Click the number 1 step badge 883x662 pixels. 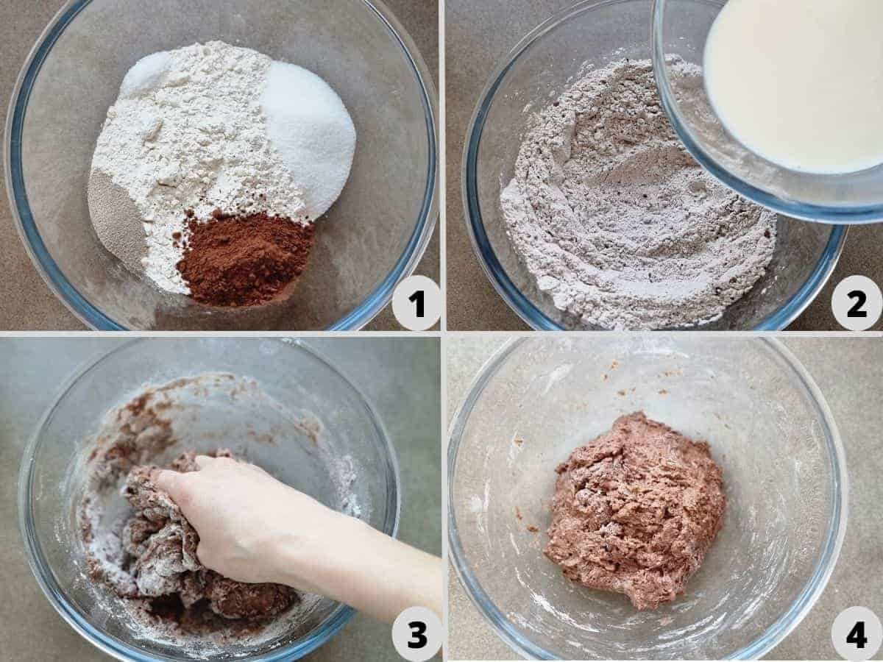(417, 302)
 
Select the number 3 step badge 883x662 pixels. (417, 635)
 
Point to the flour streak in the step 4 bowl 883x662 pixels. (559, 378)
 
